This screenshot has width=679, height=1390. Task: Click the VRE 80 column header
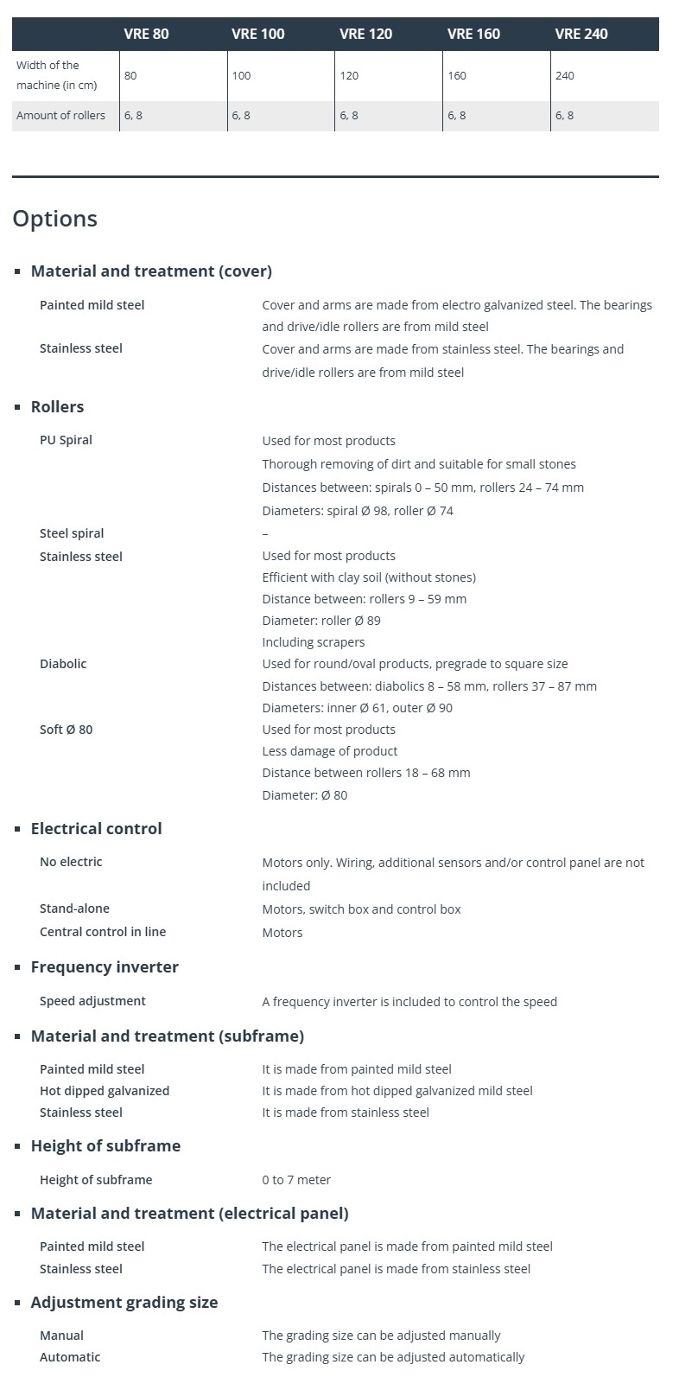point(146,34)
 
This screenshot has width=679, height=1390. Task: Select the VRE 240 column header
point(581,34)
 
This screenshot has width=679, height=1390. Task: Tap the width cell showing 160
point(457,75)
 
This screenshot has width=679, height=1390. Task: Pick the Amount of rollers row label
point(60,115)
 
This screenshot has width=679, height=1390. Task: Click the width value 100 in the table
point(241,75)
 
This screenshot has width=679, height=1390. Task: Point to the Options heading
point(54,219)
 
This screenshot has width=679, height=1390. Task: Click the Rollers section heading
point(57,406)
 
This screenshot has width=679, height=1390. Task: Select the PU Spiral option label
point(66,440)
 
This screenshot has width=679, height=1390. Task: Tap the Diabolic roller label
point(63,664)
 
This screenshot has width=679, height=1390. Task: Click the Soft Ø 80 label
point(66,730)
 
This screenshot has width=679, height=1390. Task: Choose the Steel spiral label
point(72,533)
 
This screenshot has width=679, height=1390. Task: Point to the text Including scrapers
point(314,642)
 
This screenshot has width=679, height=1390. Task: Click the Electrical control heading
point(96,828)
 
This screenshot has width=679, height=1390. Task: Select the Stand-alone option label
point(74,909)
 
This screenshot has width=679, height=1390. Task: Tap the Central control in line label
point(103,932)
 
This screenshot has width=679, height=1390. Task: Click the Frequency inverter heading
point(105,966)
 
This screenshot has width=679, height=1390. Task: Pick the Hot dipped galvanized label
point(105,1091)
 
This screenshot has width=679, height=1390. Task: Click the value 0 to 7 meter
point(296,1180)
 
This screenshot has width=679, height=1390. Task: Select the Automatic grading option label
point(70,1357)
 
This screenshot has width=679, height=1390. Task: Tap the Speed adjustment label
point(92,1001)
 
